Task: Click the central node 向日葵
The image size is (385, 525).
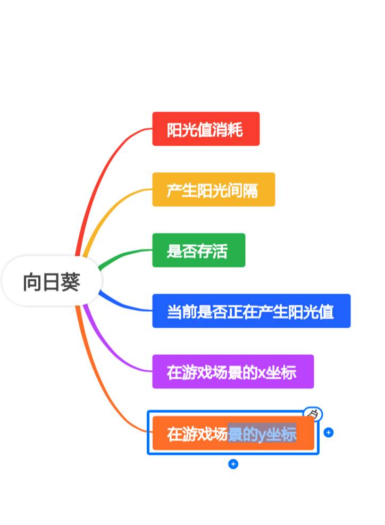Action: pyautogui.click(x=52, y=281)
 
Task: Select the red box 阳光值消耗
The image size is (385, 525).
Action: pyautogui.click(x=206, y=129)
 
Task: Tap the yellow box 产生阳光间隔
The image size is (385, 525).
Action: pyautogui.click(x=213, y=189)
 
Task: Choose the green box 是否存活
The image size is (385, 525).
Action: pyautogui.click(x=198, y=250)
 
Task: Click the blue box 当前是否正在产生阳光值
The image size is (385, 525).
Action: pyautogui.click(x=251, y=311)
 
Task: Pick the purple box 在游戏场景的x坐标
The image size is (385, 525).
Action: pyautogui.click(x=232, y=371)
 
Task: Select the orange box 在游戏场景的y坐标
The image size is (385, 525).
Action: pyautogui.click(x=232, y=434)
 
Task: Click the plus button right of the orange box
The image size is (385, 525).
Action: pyautogui.click(x=329, y=432)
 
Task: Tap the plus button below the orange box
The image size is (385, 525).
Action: pyautogui.click(x=233, y=464)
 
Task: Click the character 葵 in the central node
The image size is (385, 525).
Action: pyautogui.click(x=70, y=282)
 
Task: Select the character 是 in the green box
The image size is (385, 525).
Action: pyautogui.click(x=174, y=251)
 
